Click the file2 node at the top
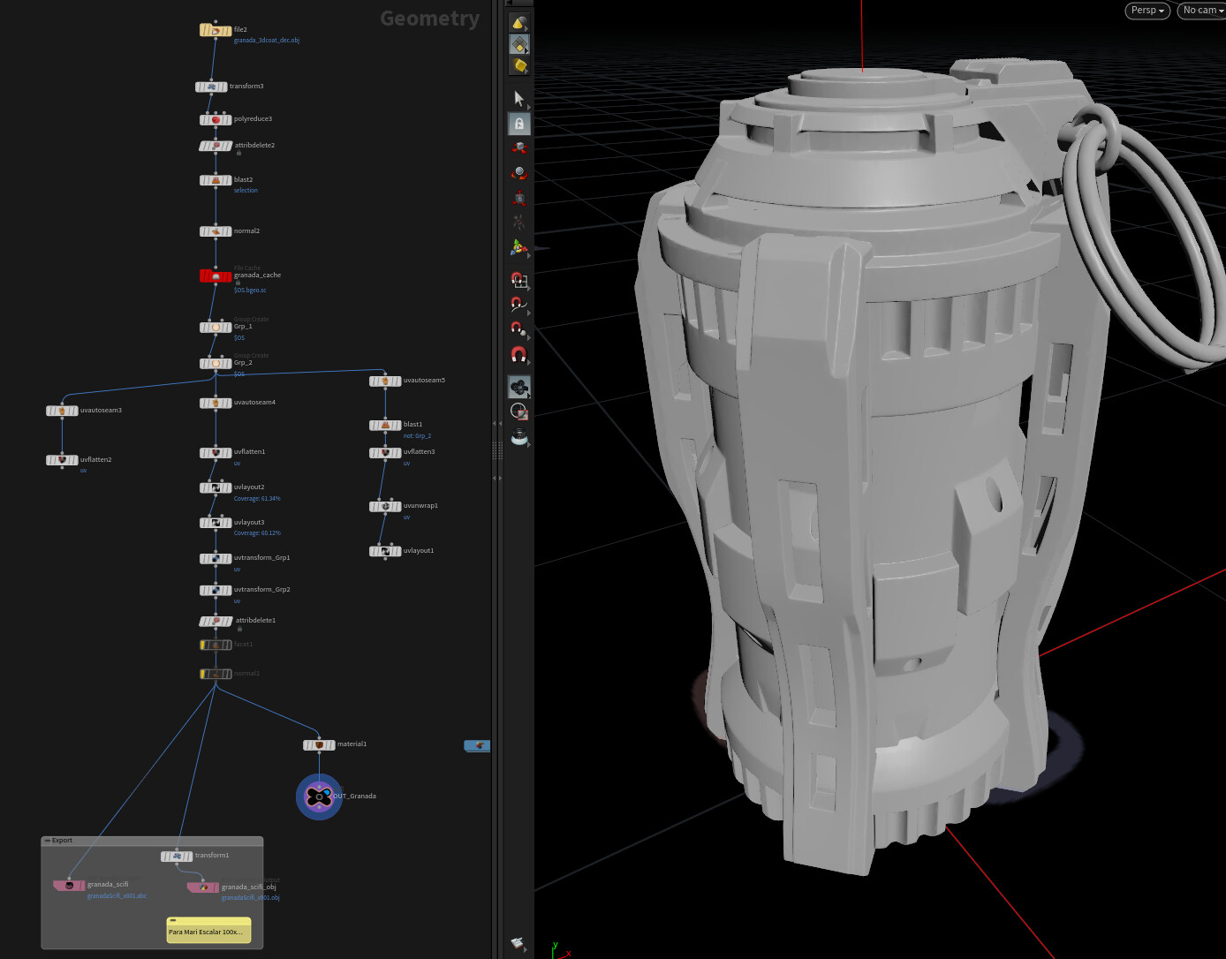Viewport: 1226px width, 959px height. pyautogui.click(x=216, y=30)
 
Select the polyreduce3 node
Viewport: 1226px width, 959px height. pyautogui.click(x=216, y=119)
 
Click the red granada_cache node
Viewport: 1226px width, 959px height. pyautogui.click(x=216, y=276)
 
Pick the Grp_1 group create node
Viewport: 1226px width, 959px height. pyautogui.click(x=216, y=327)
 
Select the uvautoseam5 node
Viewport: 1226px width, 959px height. pyautogui.click(x=385, y=381)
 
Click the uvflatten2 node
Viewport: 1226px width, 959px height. pyautogui.click(x=62, y=460)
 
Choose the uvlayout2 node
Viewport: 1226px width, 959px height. pyautogui.click(x=216, y=487)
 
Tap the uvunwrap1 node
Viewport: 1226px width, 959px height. pyautogui.click(x=385, y=506)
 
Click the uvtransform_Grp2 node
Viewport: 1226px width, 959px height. pyautogui.click(x=216, y=590)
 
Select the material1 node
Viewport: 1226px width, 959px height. pyautogui.click(x=319, y=744)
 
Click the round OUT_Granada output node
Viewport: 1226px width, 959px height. pyautogui.click(x=319, y=797)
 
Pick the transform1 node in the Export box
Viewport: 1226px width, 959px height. pyautogui.click(x=177, y=856)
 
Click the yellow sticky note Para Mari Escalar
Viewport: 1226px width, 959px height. pyautogui.click(x=208, y=931)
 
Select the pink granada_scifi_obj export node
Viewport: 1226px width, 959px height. pyautogui.click(x=203, y=887)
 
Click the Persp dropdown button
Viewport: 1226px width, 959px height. pyautogui.click(x=1147, y=11)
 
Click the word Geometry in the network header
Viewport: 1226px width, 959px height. pyautogui.click(x=429, y=19)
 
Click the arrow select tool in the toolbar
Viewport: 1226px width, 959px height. pyautogui.click(x=519, y=98)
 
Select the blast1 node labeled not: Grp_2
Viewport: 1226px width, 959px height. pyautogui.click(x=385, y=425)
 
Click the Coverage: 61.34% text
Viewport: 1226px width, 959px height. pyautogui.click(x=257, y=499)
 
